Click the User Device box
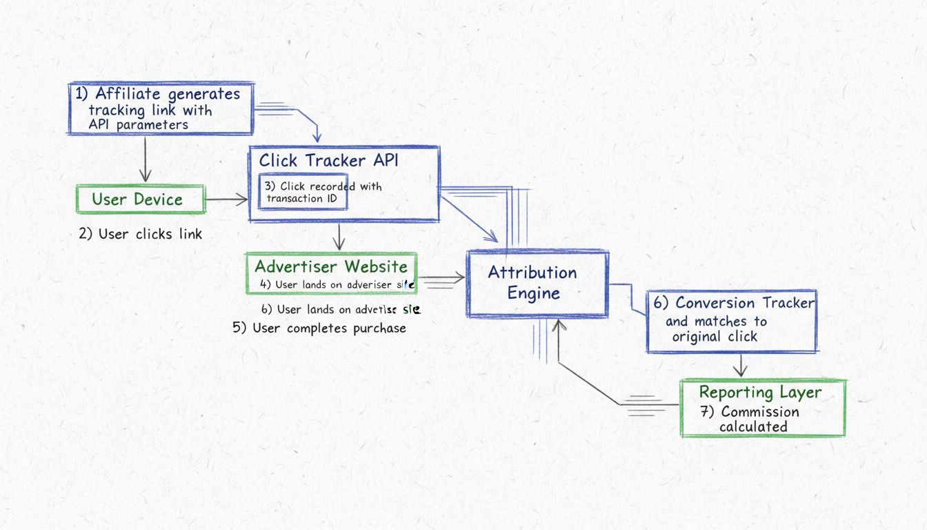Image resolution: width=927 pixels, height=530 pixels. point(139,200)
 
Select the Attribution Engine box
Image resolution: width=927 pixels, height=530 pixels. point(537,283)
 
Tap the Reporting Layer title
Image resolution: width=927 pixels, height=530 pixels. point(760,393)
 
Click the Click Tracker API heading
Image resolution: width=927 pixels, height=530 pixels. point(328,161)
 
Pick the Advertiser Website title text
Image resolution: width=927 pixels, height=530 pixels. point(331,267)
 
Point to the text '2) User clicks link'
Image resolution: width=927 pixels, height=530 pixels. point(141,234)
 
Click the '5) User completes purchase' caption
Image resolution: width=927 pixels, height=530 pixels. point(319,328)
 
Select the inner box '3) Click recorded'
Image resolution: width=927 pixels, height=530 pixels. point(303,193)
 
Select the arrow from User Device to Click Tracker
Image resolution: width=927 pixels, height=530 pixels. point(226,199)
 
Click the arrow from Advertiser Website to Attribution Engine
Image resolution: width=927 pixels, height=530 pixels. point(441,279)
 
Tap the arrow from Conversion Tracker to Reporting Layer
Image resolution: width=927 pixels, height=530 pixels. point(740,365)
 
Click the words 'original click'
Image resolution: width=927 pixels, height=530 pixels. point(715,337)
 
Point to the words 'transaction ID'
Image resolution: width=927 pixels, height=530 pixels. point(303,199)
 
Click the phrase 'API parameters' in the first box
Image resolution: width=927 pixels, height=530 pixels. point(138,125)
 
